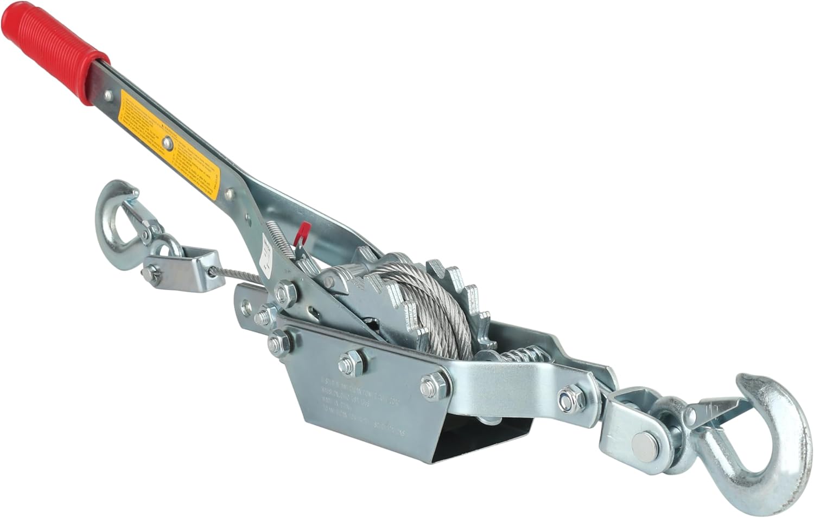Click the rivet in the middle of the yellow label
pyautogui.click(x=169, y=143)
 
